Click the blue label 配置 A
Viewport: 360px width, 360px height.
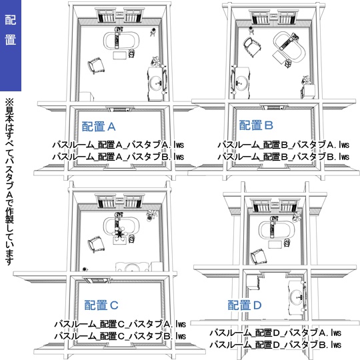click(x=99, y=125)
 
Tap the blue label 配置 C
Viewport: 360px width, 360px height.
click(x=101, y=305)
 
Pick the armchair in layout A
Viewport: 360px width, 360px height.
click(x=97, y=63)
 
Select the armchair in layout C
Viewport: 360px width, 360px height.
click(x=93, y=247)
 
